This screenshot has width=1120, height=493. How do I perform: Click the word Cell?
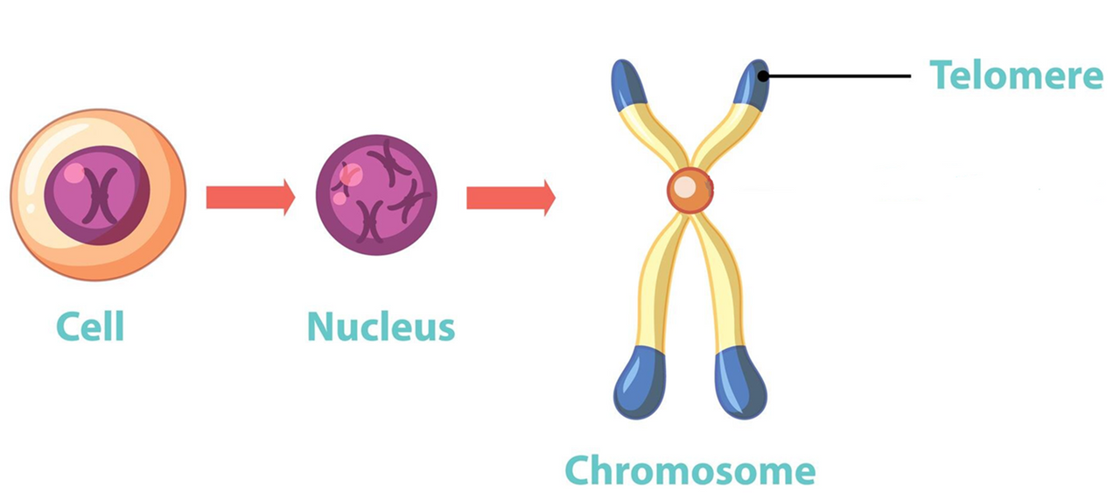tap(90, 327)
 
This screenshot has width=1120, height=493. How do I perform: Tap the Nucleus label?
tap(381, 327)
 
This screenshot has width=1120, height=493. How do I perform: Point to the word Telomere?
tap(1016, 75)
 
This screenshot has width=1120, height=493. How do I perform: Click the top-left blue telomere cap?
tap(626, 84)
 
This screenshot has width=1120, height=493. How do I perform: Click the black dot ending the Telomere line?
tap(763, 76)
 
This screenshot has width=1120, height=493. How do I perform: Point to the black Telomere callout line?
tap(840, 76)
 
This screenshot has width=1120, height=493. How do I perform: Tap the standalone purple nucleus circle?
tap(376, 194)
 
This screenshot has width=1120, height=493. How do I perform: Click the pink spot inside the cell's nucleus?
tap(73, 173)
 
